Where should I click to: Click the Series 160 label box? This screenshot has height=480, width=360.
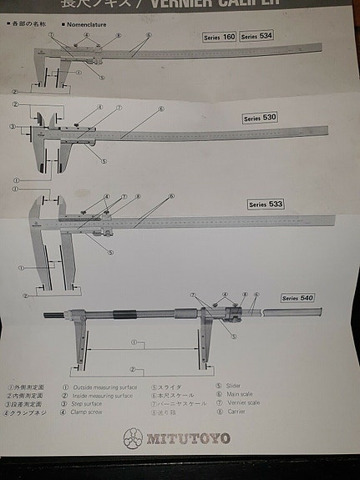click(x=220, y=38)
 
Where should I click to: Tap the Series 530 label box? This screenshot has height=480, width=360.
click(x=260, y=118)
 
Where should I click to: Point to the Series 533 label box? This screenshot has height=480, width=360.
click(x=266, y=204)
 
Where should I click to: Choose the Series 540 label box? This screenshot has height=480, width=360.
click(x=297, y=298)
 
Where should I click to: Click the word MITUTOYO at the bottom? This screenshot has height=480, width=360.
click(x=188, y=438)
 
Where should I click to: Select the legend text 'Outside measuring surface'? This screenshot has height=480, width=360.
click(x=104, y=387)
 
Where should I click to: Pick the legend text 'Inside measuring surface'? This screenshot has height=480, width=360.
click(x=102, y=395)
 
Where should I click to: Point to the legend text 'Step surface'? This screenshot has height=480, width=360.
click(x=88, y=404)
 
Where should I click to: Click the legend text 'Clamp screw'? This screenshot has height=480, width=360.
click(x=88, y=412)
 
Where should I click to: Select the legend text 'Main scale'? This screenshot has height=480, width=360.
click(x=241, y=394)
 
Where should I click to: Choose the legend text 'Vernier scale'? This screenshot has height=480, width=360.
click(x=244, y=402)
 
